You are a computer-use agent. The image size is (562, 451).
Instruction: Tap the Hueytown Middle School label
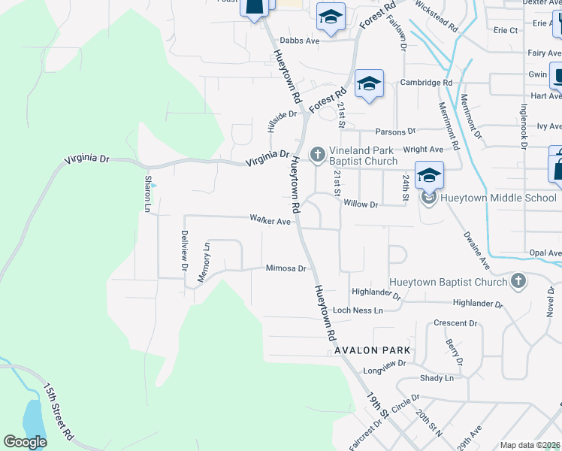click(x=499, y=198)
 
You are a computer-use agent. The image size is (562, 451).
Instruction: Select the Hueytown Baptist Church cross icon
click(x=517, y=281)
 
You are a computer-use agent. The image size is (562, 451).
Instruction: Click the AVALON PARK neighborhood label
click(x=373, y=350)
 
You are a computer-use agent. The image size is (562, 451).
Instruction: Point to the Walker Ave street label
click(x=270, y=221)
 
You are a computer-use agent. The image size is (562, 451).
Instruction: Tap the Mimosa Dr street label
click(x=286, y=268)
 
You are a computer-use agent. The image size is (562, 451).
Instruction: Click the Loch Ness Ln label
click(x=358, y=310)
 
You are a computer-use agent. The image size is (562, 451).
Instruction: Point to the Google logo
click(x=26, y=442)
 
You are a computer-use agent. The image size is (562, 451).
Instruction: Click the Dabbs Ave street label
click(x=300, y=41)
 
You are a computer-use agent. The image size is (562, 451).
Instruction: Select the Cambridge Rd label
click(x=426, y=83)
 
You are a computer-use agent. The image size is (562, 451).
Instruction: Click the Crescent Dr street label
click(x=456, y=323)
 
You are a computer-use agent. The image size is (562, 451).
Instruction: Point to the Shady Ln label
click(x=437, y=378)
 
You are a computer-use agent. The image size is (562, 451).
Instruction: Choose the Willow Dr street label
click(x=360, y=204)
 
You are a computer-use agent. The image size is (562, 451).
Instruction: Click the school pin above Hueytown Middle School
click(x=429, y=175)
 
